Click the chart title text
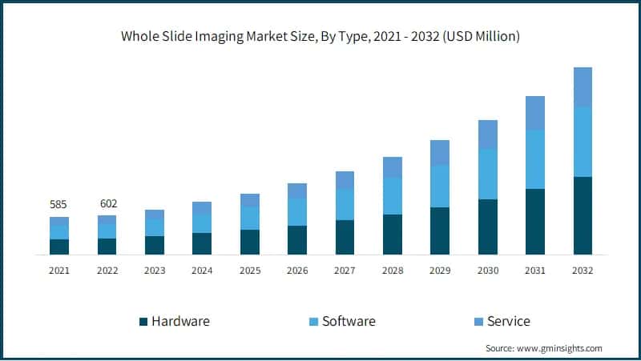point(320,36)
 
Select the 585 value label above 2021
point(58,204)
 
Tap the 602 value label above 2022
point(107,203)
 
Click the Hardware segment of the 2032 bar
point(583,215)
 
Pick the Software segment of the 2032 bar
point(583,142)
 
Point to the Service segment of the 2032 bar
point(583,86)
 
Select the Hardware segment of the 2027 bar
point(345,237)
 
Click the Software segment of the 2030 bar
point(487,174)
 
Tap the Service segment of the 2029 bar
point(440,153)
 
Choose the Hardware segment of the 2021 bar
point(58,247)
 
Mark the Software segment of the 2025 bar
point(249,219)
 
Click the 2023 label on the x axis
point(154,271)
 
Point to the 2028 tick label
point(392,271)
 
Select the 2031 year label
point(534,271)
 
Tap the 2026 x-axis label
point(297,271)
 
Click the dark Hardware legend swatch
point(143,322)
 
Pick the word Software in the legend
point(349,321)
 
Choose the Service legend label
point(509,321)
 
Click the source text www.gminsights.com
point(562,348)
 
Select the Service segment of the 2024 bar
point(202,207)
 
